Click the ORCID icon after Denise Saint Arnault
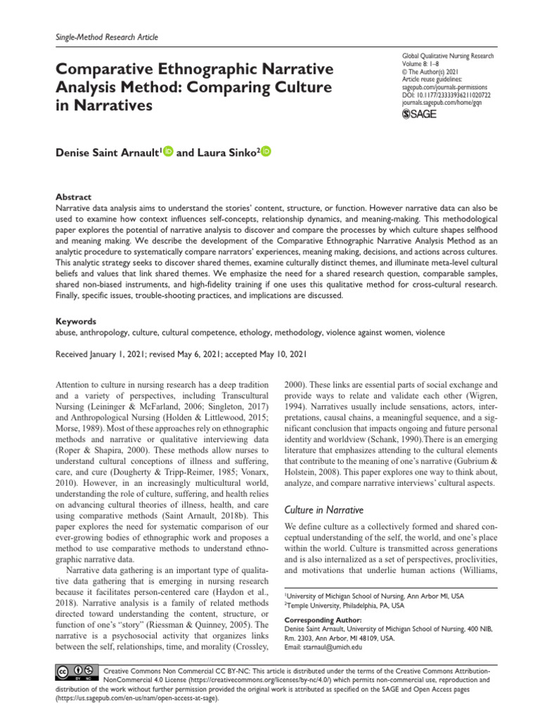[x=167, y=153]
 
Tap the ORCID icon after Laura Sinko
[x=265, y=153]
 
